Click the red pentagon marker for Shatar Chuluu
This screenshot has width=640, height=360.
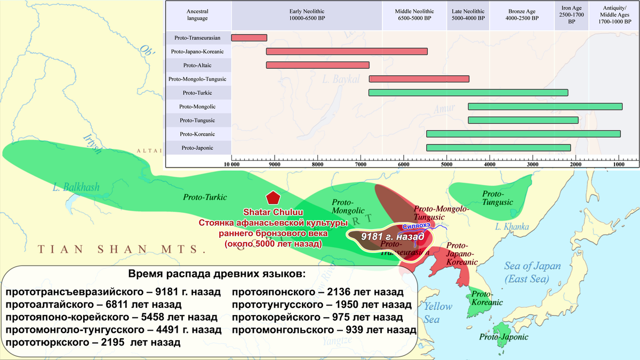pos(274,197)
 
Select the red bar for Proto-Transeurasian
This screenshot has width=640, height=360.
pos(249,38)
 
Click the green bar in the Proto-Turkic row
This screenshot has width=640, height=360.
pos(468,93)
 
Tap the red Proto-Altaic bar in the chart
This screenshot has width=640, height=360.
pos(317,65)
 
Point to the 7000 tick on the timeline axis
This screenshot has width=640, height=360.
pos(361,165)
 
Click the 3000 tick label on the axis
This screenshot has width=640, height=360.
pos(532,165)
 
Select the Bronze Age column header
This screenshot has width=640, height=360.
pos(522,14)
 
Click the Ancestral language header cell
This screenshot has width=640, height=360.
pos(197,14)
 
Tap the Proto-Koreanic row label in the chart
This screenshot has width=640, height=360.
pos(197,134)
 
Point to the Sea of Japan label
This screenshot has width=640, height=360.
pos(531,273)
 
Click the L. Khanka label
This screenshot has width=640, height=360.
pos(510,227)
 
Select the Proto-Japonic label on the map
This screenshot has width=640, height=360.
pos(503,337)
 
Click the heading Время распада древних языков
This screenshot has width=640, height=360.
pos(218,274)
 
